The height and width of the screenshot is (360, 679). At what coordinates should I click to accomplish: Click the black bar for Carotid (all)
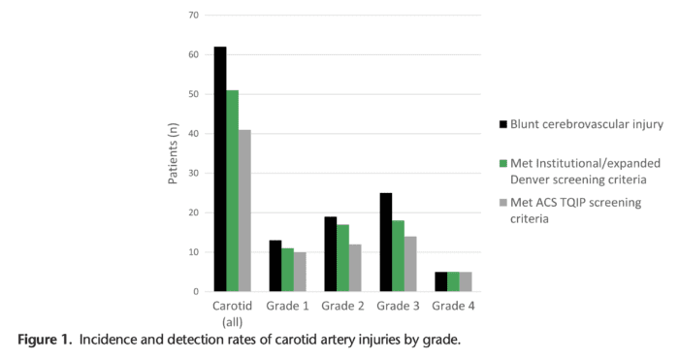click(x=220, y=169)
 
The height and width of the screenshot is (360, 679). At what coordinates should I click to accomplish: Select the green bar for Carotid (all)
click(x=232, y=190)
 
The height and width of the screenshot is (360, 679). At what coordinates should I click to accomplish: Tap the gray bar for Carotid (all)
click(x=243, y=211)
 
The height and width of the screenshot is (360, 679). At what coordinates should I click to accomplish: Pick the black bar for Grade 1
click(x=275, y=266)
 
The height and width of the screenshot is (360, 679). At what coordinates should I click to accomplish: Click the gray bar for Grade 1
click(x=299, y=272)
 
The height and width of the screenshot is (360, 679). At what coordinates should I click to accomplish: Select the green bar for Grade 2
click(x=342, y=258)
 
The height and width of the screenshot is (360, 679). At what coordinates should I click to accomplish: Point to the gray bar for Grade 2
click(x=354, y=268)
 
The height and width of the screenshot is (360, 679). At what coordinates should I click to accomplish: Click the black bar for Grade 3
click(x=386, y=242)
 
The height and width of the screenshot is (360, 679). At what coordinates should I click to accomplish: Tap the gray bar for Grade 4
click(x=465, y=281)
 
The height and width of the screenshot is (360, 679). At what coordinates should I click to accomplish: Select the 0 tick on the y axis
click(x=195, y=291)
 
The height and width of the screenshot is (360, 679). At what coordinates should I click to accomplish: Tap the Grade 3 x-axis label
click(x=398, y=307)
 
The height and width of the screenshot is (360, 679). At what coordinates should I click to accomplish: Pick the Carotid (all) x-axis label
click(x=232, y=313)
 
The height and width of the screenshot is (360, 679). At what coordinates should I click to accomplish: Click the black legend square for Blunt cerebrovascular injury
click(x=503, y=124)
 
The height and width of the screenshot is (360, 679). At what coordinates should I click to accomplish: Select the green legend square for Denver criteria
click(x=503, y=164)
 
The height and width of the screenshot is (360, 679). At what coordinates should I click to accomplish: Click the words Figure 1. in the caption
click(x=45, y=340)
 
